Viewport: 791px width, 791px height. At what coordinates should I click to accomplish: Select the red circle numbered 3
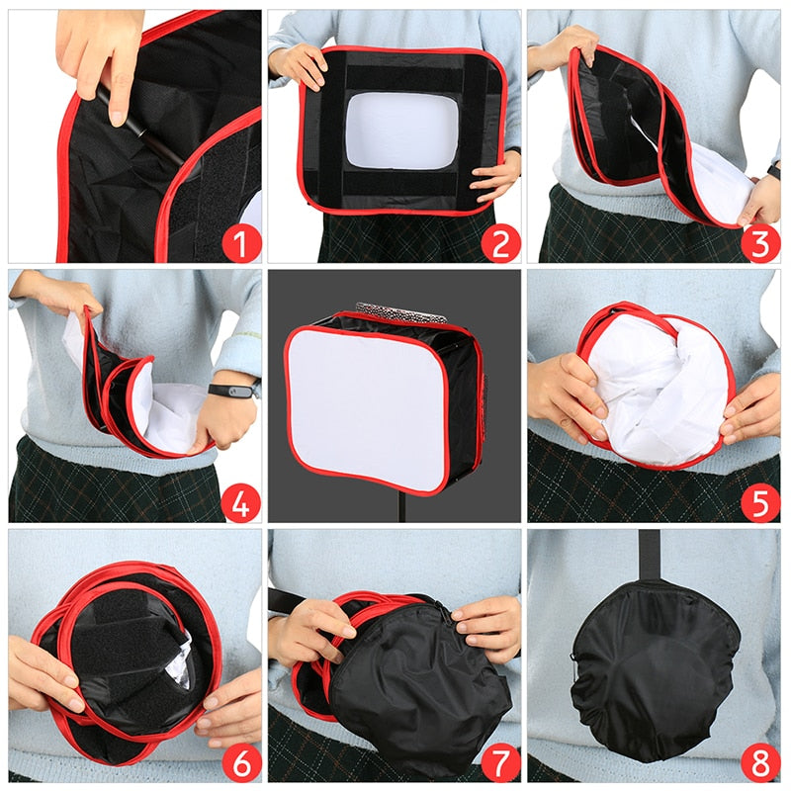click(759, 240)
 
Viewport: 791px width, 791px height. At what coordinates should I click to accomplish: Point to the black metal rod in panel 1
click(138, 124)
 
